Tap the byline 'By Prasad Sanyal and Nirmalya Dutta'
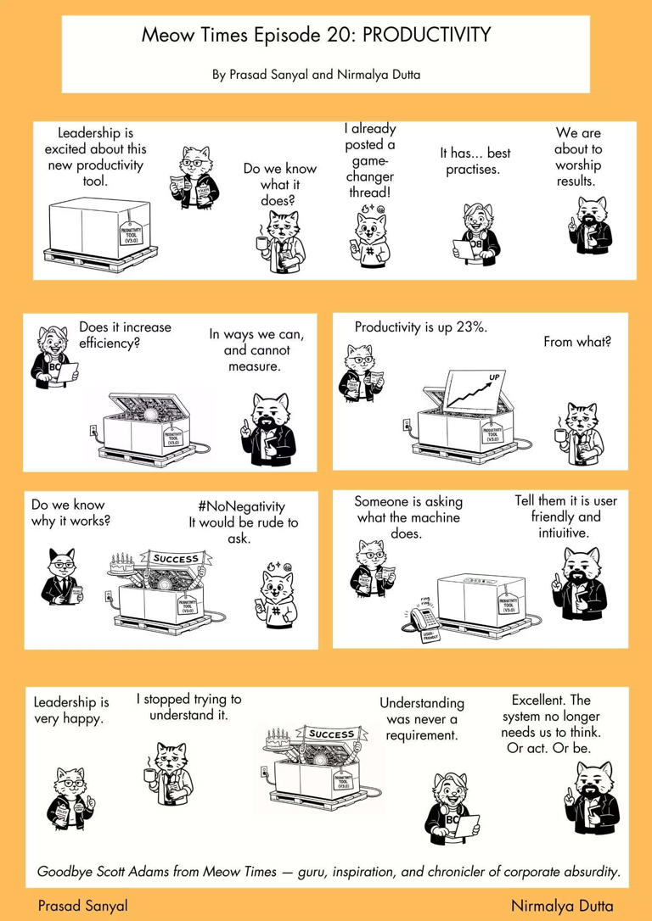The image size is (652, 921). [316, 75]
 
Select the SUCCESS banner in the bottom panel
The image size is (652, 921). [331, 734]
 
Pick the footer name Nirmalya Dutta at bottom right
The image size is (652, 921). [561, 906]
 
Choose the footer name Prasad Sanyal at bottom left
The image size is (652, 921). [82, 906]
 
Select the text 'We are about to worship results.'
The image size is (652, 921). [578, 157]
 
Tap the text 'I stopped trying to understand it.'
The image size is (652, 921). [188, 707]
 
